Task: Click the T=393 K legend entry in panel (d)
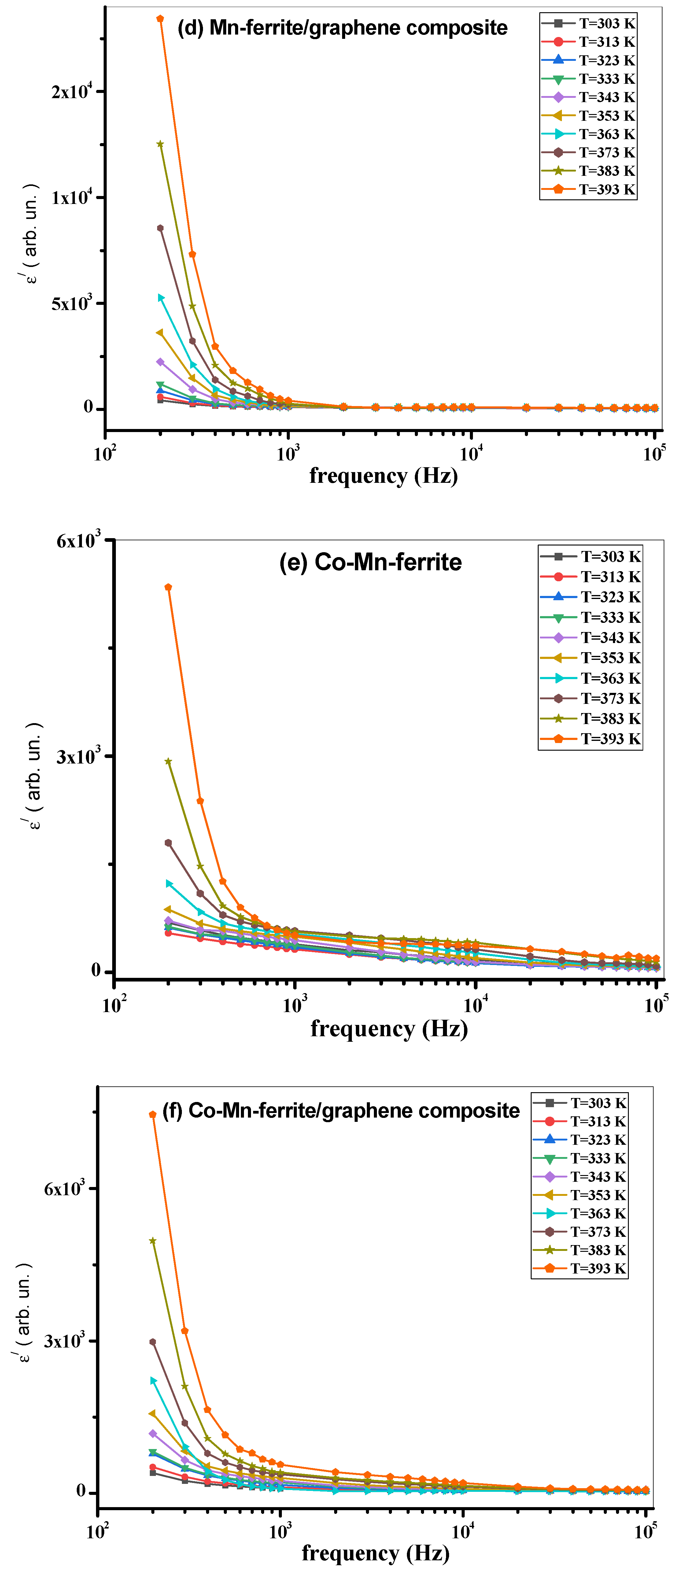(589, 190)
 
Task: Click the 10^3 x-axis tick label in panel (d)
(288, 453)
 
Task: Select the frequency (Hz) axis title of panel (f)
(375, 1553)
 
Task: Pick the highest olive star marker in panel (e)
(168, 762)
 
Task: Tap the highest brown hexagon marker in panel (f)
(153, 1342)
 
